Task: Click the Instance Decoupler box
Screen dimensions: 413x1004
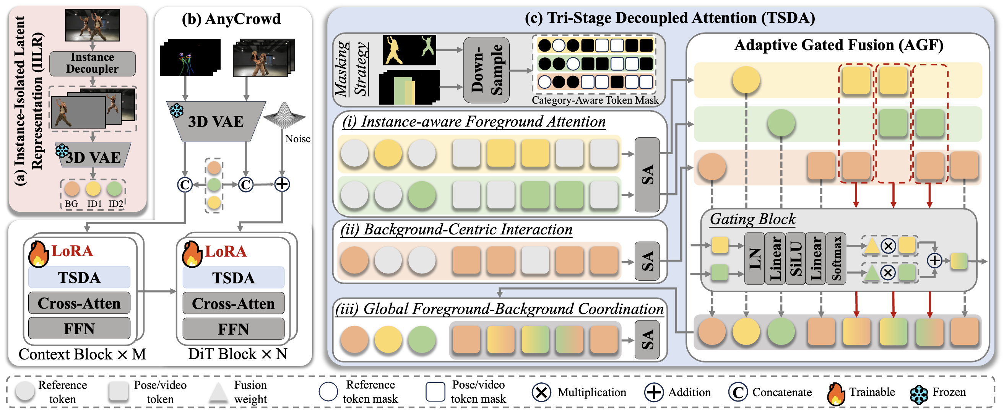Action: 93,63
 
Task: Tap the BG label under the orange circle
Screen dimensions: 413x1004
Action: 71,203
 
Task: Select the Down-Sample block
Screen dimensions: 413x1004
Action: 486,70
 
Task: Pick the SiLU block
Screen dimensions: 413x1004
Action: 796,259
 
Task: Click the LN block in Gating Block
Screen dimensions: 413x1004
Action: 755,259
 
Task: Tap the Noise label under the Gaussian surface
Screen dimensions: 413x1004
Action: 297,139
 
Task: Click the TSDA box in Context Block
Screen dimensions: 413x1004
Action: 79,278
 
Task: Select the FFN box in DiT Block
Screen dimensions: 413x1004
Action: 233,329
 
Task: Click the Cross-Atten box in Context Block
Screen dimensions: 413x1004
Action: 79,303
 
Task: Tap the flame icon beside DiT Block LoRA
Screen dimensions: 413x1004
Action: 192,254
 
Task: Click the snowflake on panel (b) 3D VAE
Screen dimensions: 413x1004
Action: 177,111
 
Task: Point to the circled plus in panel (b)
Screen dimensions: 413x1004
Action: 282,184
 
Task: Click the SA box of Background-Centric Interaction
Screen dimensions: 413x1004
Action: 647,261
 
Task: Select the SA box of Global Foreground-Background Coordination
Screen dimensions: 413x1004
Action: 647,340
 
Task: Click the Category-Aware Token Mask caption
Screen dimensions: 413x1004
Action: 595,100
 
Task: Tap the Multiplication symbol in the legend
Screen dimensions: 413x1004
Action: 541,392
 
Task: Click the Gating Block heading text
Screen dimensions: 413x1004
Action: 752,219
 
